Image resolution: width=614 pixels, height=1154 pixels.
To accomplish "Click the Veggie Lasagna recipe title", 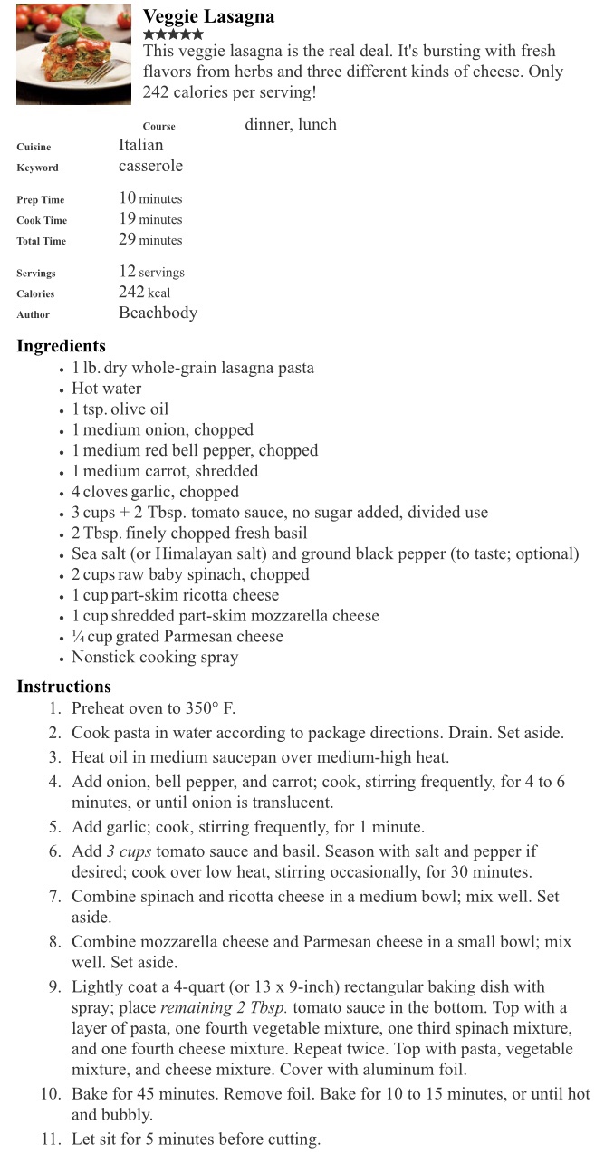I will pos(208,16).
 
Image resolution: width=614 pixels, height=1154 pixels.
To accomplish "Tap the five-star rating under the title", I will pos(173,34).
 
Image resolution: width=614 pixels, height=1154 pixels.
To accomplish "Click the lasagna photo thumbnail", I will pos(73,53).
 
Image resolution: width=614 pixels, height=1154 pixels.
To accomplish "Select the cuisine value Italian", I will pos(141,145).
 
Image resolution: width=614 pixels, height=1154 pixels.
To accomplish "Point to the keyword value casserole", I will pos(150,166).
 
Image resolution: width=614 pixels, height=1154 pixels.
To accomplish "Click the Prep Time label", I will pos(41,199).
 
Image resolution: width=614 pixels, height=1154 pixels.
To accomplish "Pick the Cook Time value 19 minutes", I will pos(150,219).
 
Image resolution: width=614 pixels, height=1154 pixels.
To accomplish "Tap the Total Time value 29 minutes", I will pos(150,240).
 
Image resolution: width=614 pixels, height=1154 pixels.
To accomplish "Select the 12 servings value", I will pos(151,272).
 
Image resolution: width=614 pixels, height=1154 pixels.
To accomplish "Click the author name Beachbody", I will pos(158,313).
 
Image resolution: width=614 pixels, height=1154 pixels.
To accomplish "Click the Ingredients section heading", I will pos(61,346).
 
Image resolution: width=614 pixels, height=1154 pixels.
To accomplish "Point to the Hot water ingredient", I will pos(107,389).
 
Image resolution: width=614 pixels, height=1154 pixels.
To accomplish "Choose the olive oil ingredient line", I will pos(120,409).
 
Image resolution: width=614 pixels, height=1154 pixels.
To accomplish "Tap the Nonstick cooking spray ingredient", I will pos(155,658).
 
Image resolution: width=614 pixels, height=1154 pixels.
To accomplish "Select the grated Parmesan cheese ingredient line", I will pos(177,637).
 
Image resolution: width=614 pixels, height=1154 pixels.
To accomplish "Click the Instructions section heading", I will pos(63,687).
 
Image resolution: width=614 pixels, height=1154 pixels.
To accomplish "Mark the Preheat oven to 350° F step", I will pos(154,709).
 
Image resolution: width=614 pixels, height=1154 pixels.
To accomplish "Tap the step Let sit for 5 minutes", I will pos(196,1140).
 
